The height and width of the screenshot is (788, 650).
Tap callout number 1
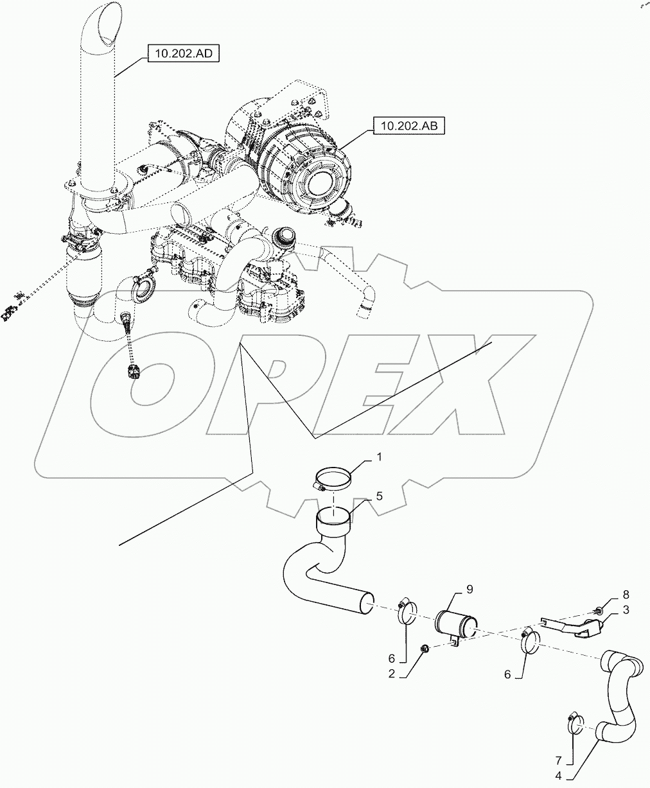[379, 457]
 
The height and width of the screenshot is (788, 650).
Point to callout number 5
[380, 496]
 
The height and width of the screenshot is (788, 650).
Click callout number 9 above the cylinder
[470, 588]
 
